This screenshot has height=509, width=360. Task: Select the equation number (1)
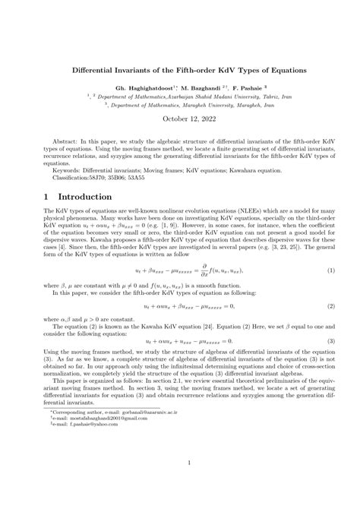coord(332,270)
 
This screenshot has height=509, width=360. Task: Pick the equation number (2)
coord(332,305)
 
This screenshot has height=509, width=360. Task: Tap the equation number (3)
coord(332,341)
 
